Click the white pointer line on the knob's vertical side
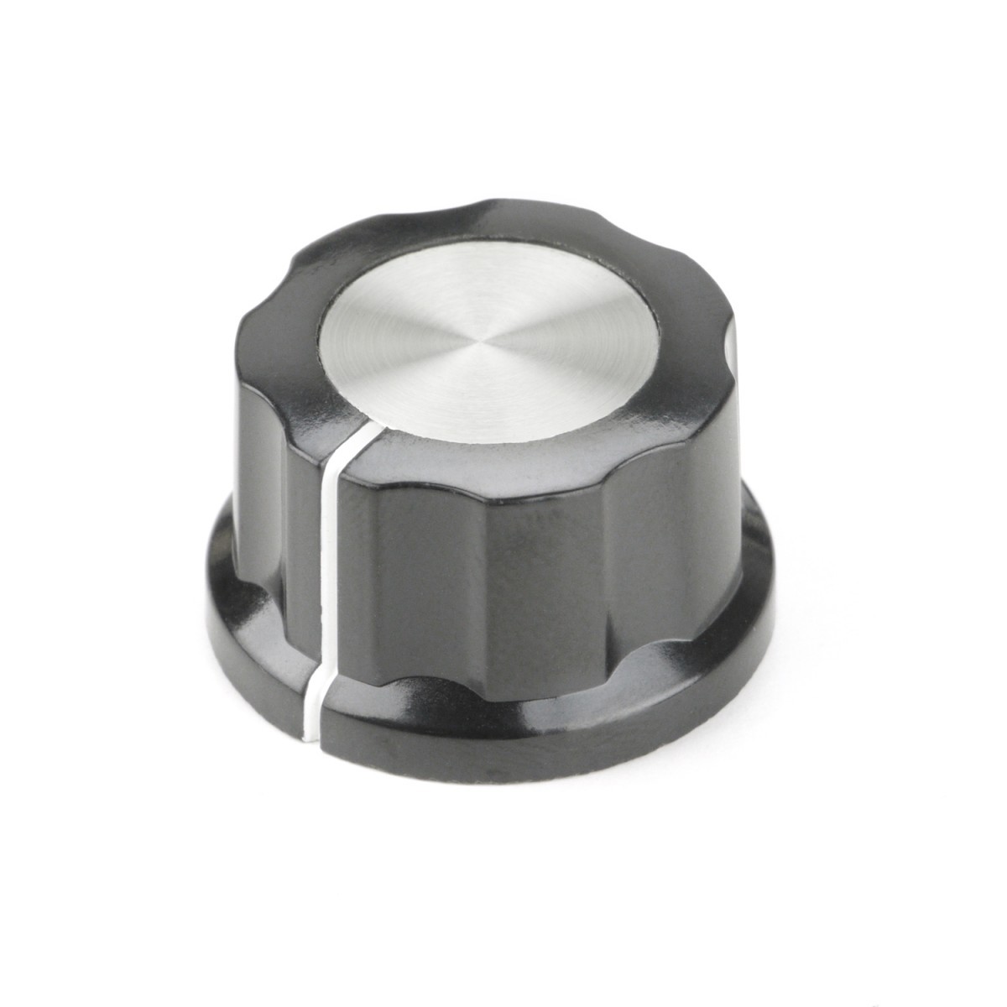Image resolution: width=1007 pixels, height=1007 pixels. [x=331, y=554]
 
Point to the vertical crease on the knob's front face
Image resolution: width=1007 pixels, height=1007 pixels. [x=495, y=587]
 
